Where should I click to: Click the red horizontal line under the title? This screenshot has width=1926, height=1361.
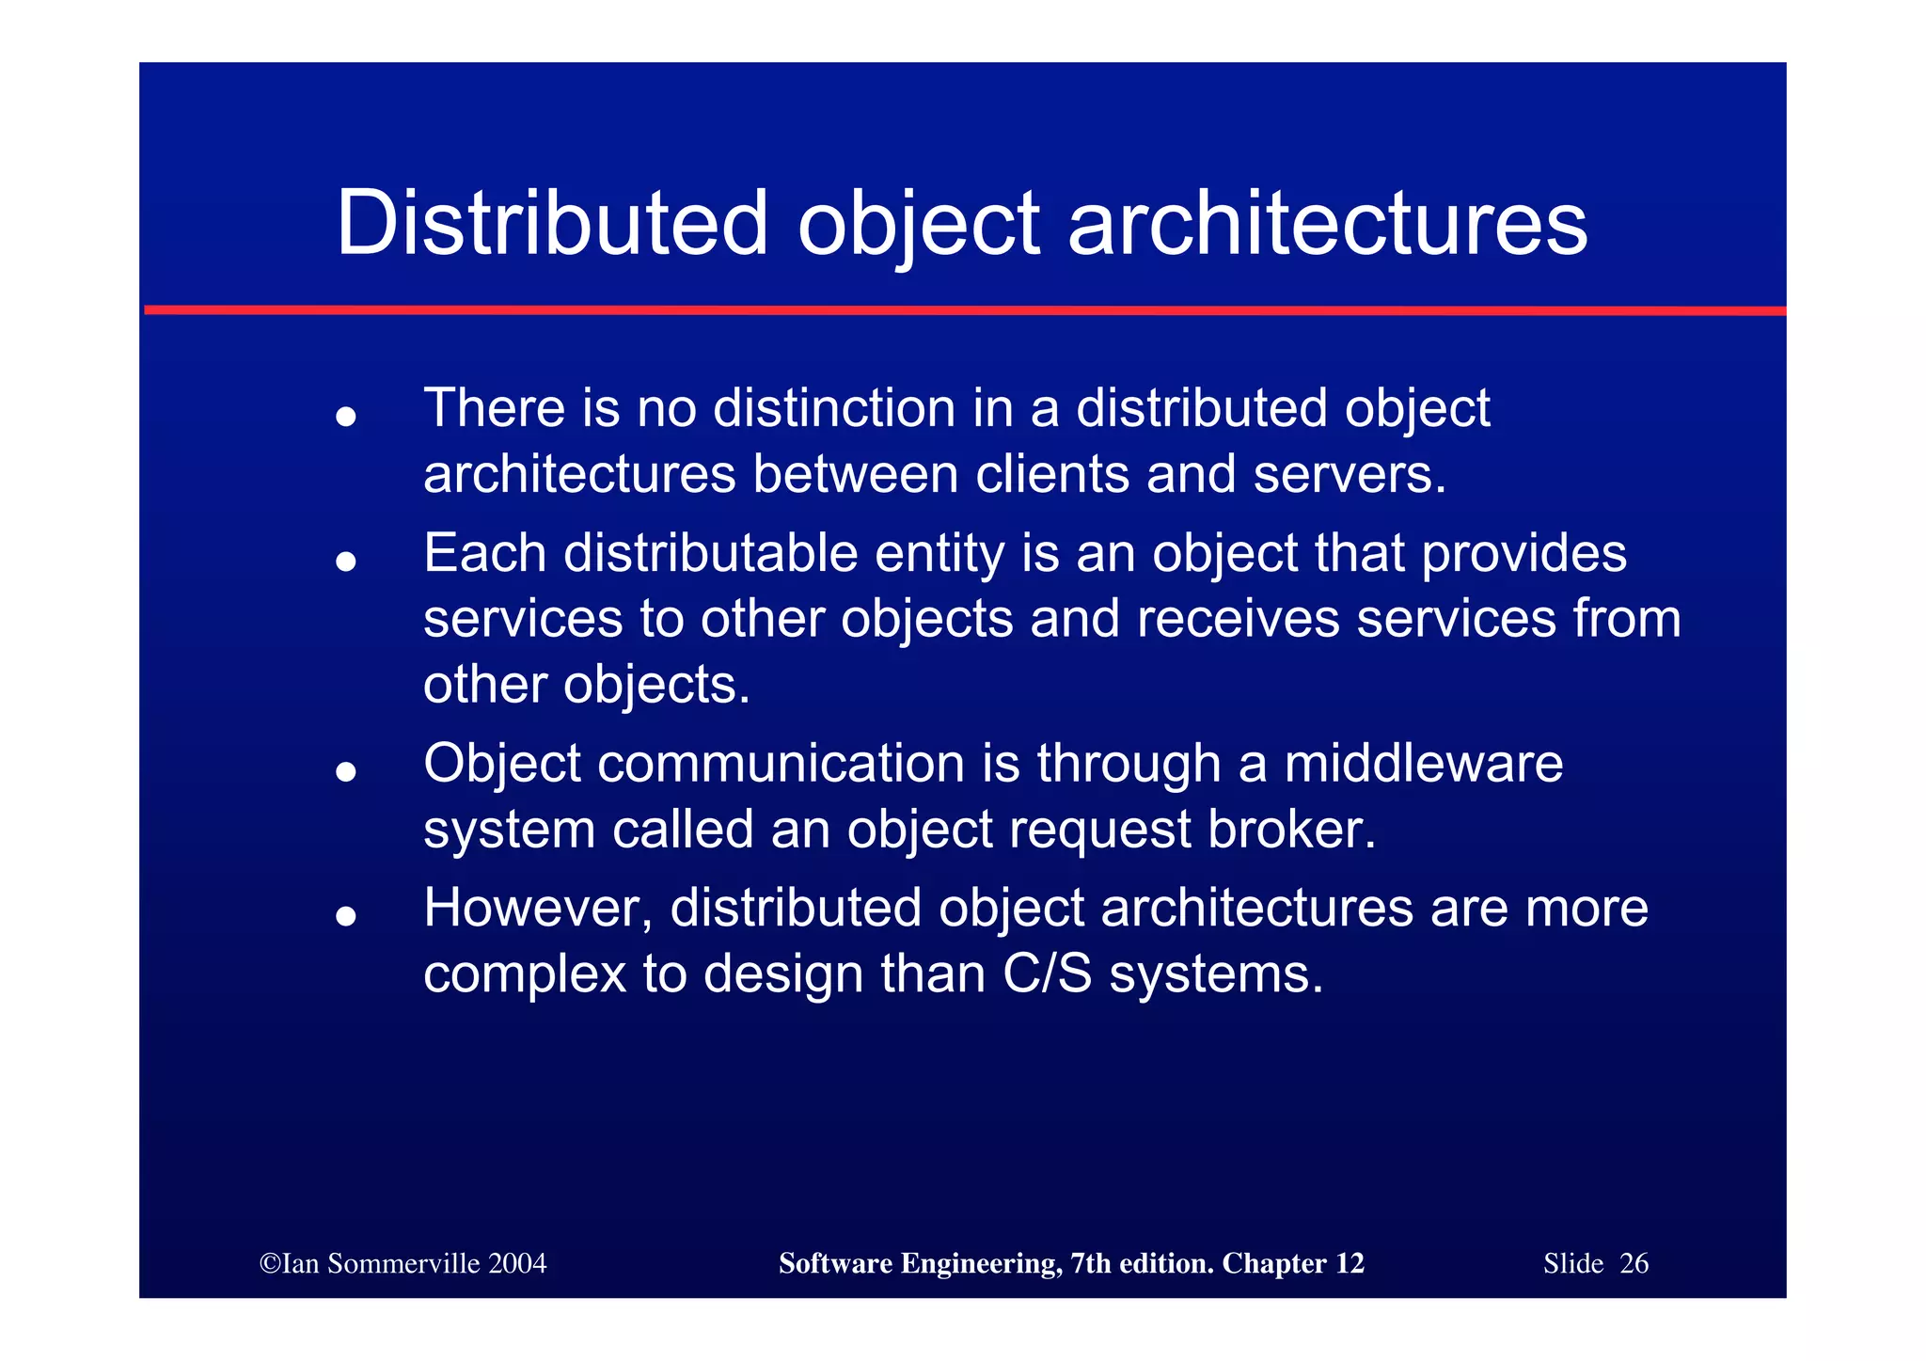coord(963,310)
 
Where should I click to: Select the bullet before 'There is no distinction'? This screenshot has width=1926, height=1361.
coord(346,416)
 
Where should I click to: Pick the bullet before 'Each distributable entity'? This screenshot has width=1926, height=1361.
coord(346,561)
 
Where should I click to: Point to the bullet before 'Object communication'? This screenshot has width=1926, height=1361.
coord(346,771)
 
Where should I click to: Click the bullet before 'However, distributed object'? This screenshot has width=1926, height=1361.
coord(346,915)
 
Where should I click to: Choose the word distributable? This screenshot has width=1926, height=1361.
coord(710,553)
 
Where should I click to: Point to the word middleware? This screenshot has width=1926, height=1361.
coord(1423,763)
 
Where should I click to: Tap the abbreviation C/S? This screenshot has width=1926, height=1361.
coord(1047,974)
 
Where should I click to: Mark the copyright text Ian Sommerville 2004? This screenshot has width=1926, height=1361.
coord(403,1263)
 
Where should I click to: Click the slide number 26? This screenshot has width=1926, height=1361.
coord(1634,1263)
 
